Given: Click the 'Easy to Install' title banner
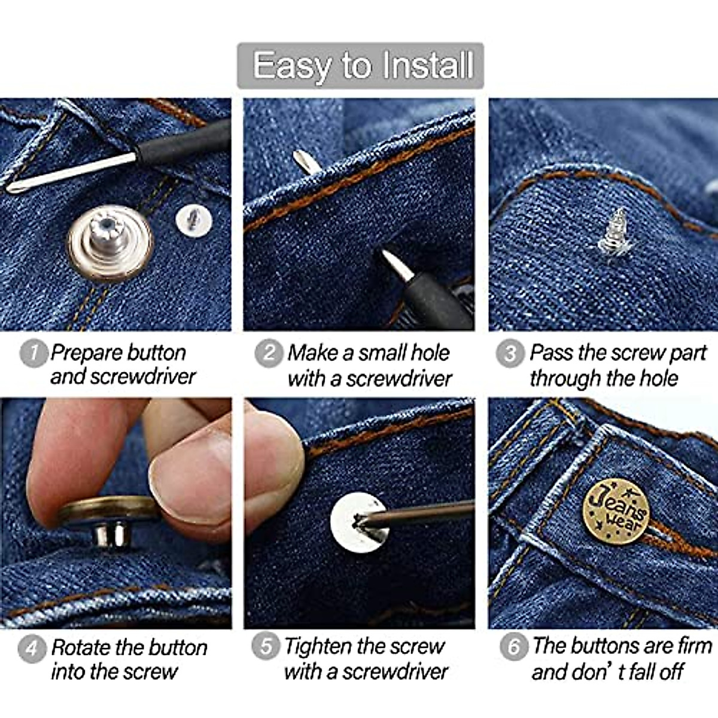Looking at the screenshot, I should pyautogui.click(x=360, y=65).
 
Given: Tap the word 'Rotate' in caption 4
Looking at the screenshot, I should pyautogui.click(x=81, y=648).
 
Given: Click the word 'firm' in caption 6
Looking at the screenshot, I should pyautogui.click(x=694, y=646).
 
